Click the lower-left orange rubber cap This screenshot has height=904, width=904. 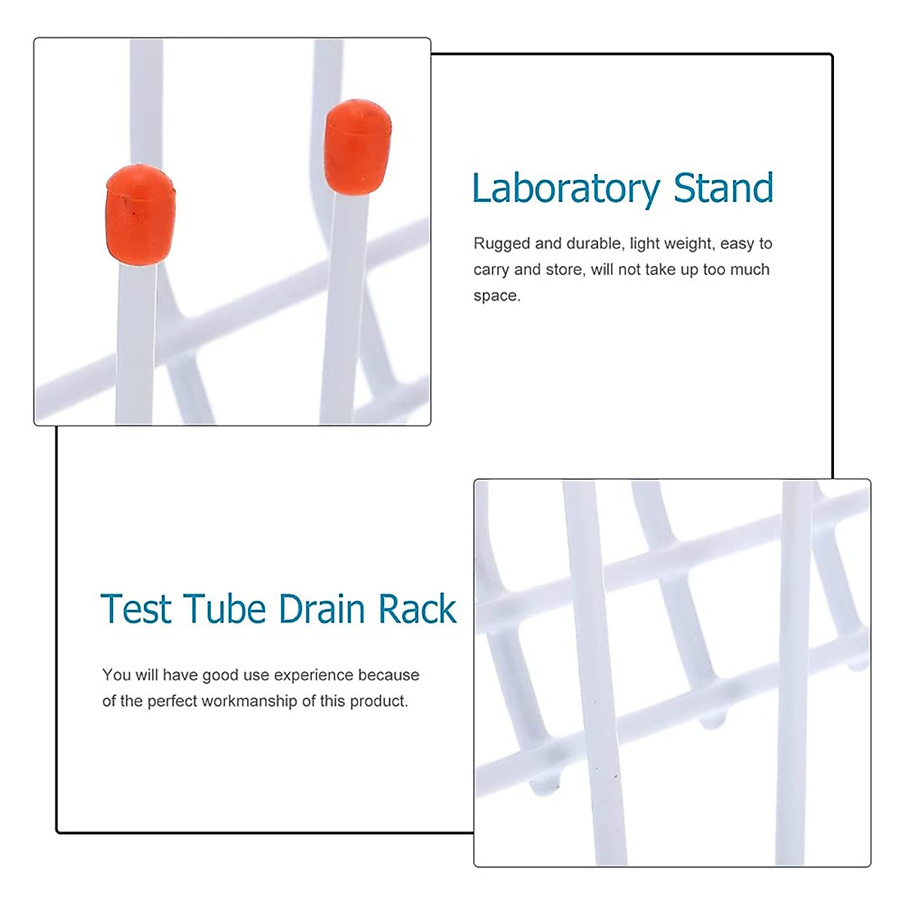click(x=140, y=213)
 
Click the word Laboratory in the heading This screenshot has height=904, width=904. click(x=566, y=189)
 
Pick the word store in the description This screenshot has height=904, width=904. click(x=564, y=270)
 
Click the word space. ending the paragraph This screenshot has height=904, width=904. click(x=496, y=296)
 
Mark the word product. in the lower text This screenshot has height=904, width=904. click(x=379, y=701)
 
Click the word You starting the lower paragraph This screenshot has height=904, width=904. click(x=116, y=675)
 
